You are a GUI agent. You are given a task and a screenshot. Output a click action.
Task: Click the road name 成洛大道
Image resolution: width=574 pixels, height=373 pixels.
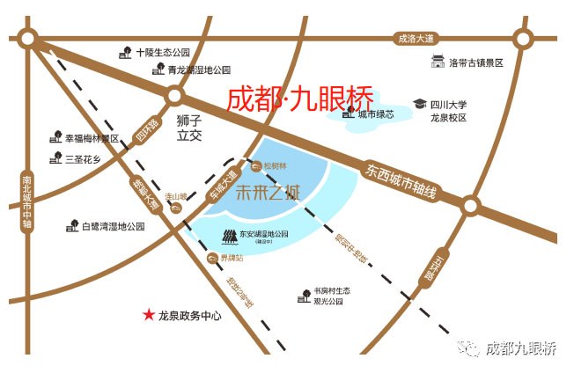click(x=416, y=39)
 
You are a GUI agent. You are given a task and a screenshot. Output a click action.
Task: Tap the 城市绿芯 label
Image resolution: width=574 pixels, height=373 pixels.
click(x=376, y=114)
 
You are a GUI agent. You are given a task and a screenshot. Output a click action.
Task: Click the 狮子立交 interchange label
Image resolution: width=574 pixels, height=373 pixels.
click(x=189, y=129)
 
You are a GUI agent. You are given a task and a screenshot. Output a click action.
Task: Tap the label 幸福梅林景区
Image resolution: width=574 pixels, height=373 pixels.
click(x=92, y=138)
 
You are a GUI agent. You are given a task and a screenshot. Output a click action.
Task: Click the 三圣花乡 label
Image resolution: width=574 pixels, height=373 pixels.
click(x=89, y=158)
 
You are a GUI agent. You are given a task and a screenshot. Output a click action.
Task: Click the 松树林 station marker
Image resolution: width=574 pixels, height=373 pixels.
click(x=256, y=165)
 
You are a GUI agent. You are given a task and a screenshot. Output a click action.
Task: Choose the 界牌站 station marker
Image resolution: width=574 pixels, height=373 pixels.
click(x=211, y=258)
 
